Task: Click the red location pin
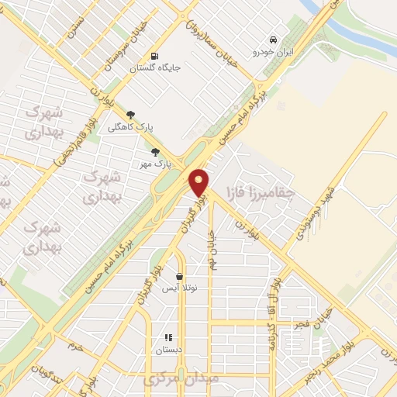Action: point(199,182)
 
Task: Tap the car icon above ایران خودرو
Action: point(272,40)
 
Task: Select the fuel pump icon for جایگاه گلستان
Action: point(156,56)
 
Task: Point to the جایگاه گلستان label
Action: point(155,68)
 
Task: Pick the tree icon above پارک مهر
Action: point(156,152)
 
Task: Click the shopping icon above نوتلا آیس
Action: point(180,276)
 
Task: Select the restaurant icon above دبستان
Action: point(167,337)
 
